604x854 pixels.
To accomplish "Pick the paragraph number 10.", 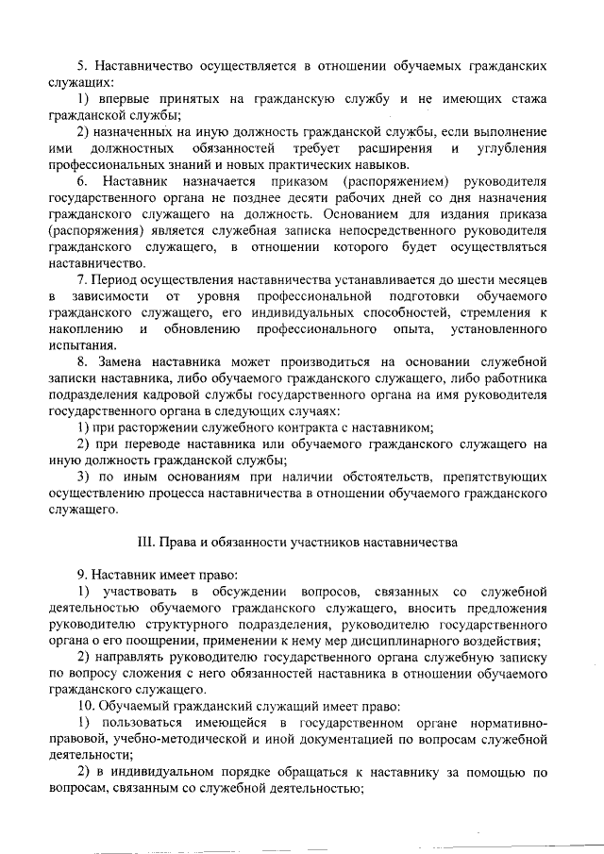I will coord(85,706).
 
